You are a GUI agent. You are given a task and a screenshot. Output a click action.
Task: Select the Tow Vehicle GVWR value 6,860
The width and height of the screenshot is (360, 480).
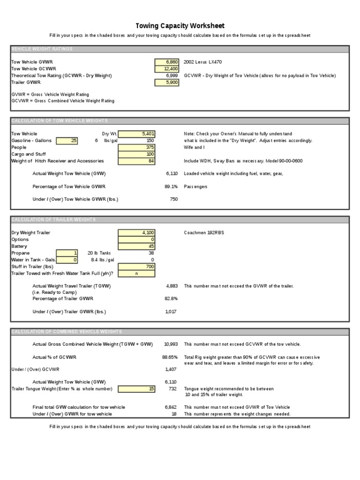tap(166, 61)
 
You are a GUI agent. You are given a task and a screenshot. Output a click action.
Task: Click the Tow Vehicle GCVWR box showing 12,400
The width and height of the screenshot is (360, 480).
tap(166, 68)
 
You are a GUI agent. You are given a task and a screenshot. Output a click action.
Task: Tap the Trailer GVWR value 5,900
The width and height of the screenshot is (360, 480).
tap(166, 82)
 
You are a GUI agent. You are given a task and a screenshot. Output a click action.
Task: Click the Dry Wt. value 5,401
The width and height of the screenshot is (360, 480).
tap(137, 134)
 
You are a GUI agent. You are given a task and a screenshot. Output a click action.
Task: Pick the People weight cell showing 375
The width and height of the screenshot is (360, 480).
tap(137, 147)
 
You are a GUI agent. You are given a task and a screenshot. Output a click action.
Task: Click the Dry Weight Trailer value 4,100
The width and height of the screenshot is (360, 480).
tap(137, 232)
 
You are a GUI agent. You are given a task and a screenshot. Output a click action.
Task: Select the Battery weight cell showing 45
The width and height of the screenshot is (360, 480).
tap(137, 246)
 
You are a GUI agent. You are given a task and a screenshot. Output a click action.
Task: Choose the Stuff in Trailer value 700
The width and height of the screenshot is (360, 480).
tap(137, 267)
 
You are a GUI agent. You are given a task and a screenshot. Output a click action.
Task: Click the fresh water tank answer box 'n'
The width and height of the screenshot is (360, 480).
tap(137, 273)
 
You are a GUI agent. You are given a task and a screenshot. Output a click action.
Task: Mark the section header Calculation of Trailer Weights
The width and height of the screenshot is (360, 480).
tap(53, 219)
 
